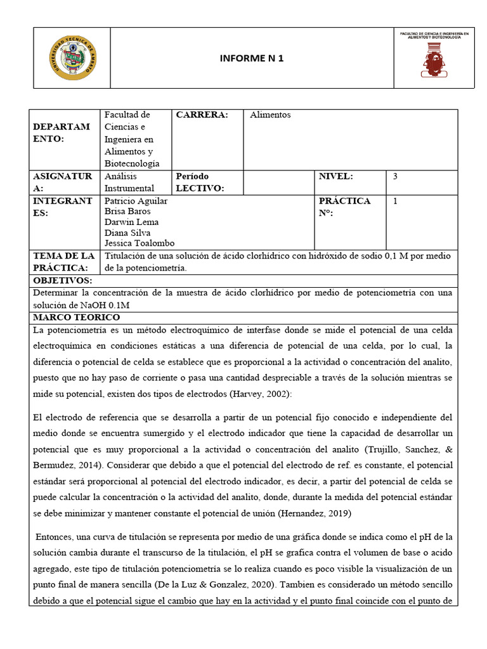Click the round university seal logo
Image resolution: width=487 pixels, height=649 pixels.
pos(75,58)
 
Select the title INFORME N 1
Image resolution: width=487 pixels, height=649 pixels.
pos(252,58)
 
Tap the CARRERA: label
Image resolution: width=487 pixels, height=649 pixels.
pos(202,115)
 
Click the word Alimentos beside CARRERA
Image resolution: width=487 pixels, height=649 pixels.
pos(270,115)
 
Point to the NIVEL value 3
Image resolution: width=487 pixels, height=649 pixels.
pos(395,176)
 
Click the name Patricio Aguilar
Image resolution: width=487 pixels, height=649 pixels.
pos(136,201)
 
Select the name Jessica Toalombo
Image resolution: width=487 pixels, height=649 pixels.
pos(139,243)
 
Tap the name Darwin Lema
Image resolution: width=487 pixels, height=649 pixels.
pos(131,222)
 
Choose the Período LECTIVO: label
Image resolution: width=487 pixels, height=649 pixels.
pos(200,182)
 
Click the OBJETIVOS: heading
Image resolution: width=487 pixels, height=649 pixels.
pos(63,280)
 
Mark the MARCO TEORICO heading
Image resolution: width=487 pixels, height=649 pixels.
pos(76,317)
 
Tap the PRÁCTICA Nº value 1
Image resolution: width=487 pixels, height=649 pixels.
pos(396,201)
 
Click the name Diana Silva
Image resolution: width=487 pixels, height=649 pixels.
pos(127,233)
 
